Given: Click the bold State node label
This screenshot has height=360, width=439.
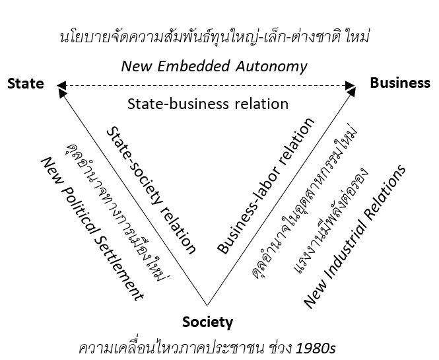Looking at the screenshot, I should (x=26, y=84).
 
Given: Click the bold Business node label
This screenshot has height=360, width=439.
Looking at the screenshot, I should (x=400, y=83).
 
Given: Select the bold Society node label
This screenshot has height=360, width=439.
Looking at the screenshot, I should (x=207, y=322).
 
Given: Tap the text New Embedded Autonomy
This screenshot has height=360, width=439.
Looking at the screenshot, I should (x=215, y=66).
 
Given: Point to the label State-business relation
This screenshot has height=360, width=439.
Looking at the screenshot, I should (x=208, y=104).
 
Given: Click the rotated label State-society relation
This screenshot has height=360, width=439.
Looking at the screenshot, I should (x=151, y=190).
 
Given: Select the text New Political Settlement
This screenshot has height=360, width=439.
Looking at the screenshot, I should (x=92, y=229).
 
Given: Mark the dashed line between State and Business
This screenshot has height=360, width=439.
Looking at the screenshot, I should (x=208, y=85).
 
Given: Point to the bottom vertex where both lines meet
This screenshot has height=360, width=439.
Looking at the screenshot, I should (x=207, y=306).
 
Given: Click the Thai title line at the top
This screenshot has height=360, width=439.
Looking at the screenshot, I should (x=213, y=37).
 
